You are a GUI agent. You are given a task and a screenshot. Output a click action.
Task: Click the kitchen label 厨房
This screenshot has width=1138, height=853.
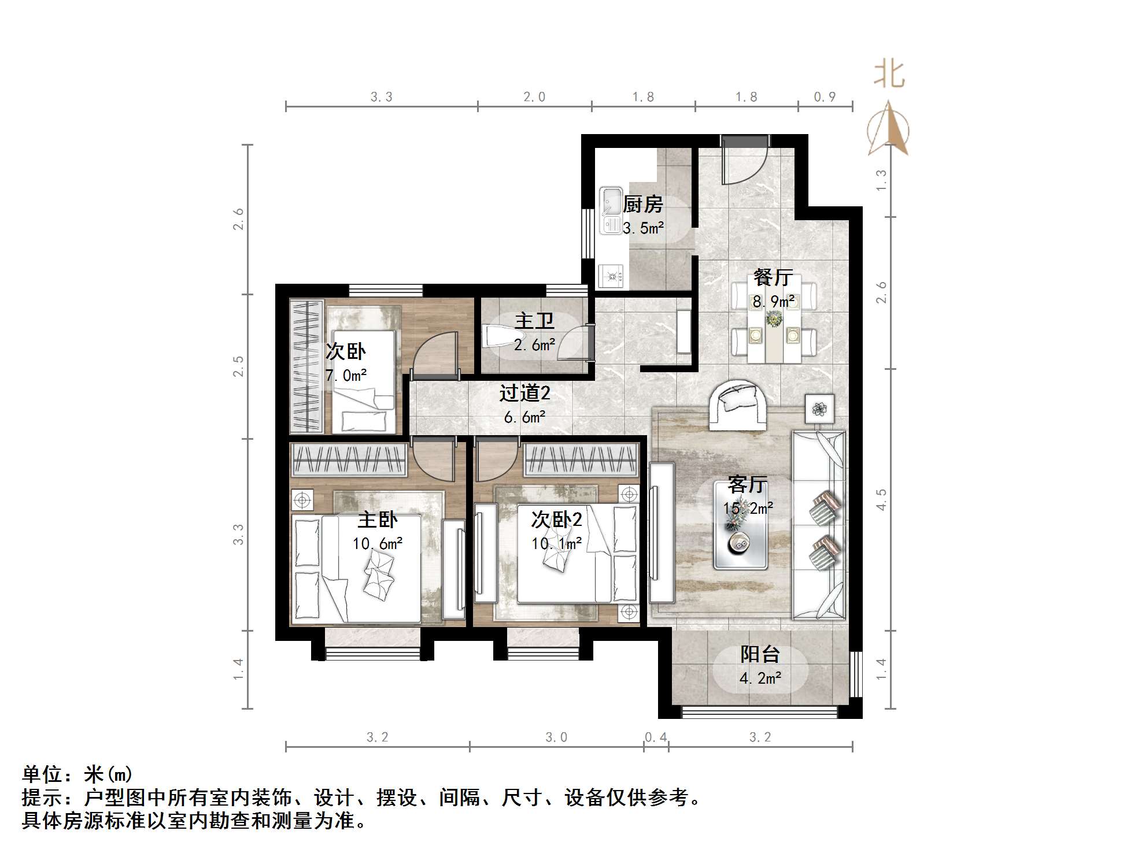(x=642, y=204)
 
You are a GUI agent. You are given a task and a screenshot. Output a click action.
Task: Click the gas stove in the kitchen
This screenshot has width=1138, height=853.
(x=611, y=276)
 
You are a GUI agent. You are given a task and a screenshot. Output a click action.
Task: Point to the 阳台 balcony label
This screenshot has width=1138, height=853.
(x=760, y=654)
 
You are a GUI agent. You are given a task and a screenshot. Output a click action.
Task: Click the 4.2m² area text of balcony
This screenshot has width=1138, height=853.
(x=760, y=678)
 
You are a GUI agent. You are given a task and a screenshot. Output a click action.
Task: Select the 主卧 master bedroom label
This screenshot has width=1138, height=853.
(x=377, y=520)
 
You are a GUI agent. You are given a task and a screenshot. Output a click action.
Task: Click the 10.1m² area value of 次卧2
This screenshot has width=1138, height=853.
(x=556, y=544)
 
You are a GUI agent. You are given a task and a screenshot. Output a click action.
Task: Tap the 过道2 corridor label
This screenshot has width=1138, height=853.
(x=524, y=394)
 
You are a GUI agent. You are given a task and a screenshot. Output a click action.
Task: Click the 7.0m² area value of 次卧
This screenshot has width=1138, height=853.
(x=346, y=376)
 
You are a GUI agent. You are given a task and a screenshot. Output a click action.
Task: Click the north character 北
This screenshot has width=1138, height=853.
(x=889, y=75)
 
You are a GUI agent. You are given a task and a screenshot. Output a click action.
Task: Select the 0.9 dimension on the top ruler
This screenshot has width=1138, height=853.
(x=825, y=97)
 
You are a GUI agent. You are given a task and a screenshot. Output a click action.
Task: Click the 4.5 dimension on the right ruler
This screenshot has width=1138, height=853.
(x=881, y=499)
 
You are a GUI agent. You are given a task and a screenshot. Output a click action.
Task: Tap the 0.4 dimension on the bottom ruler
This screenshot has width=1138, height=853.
(x=656, y=737)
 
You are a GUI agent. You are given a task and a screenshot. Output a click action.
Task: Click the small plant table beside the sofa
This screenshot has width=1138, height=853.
(x=819, y=409)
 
